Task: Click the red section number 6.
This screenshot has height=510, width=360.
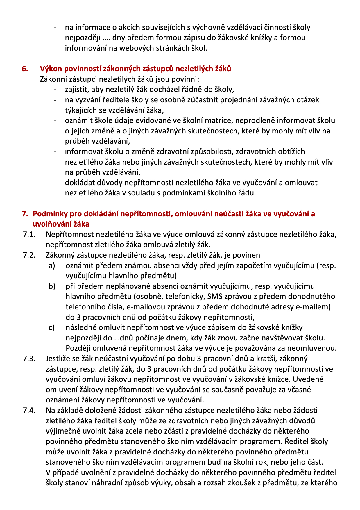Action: [25, 69]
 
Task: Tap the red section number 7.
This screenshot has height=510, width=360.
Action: [25, 214]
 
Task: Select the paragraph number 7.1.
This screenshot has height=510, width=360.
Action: [29, 234]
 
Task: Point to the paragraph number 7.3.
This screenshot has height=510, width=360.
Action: [29, 359]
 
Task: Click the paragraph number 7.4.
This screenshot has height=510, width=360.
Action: [29, 410]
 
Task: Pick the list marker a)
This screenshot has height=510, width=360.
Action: [52, 265]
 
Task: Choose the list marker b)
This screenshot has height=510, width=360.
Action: [52, 286]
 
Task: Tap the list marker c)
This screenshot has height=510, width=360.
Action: [52, 327]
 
